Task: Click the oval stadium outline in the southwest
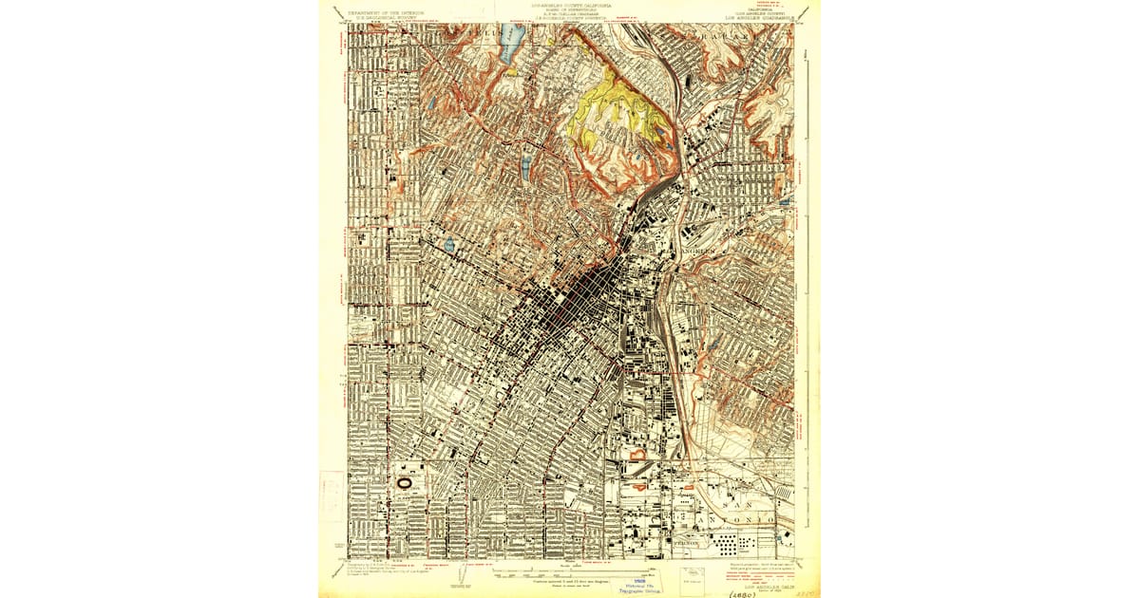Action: point(405,482)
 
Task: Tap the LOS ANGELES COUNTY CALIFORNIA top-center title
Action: point(570,6)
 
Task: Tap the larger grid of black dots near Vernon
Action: point(730,544)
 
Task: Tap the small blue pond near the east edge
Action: point(783,202)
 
